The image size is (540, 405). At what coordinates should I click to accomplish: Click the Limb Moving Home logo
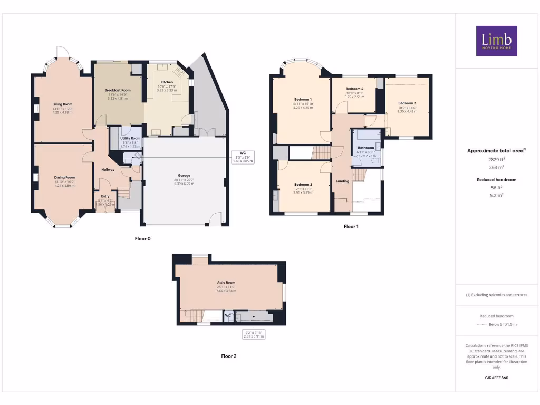point(496,41)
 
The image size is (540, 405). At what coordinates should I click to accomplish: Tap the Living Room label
point(62,104)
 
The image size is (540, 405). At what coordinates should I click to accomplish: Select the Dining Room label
point(64,178)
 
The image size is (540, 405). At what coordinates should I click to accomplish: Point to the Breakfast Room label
point(118,90)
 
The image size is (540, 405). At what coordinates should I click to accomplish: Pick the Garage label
point(184,176)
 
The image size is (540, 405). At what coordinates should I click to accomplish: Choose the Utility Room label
point(130,138)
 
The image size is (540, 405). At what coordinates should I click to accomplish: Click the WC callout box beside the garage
point(243,157)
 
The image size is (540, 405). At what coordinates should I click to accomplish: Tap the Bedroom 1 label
point(303,99)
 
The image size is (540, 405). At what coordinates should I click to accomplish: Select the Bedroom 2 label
point(303,185)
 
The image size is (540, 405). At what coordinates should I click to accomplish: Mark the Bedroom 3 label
point(407,103)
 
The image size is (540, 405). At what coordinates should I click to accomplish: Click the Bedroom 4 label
point(354,89)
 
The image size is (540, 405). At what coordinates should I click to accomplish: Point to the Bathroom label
point(365,148)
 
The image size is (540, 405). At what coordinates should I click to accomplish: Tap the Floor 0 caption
point(142,239)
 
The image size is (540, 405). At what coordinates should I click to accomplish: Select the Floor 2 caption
point(228,356)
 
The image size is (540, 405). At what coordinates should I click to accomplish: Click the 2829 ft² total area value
point(497,159)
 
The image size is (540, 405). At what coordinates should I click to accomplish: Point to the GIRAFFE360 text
point(497,378)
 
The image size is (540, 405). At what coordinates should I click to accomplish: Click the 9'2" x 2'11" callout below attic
point(253,333)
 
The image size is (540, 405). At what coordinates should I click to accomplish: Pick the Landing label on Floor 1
point(343,181)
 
